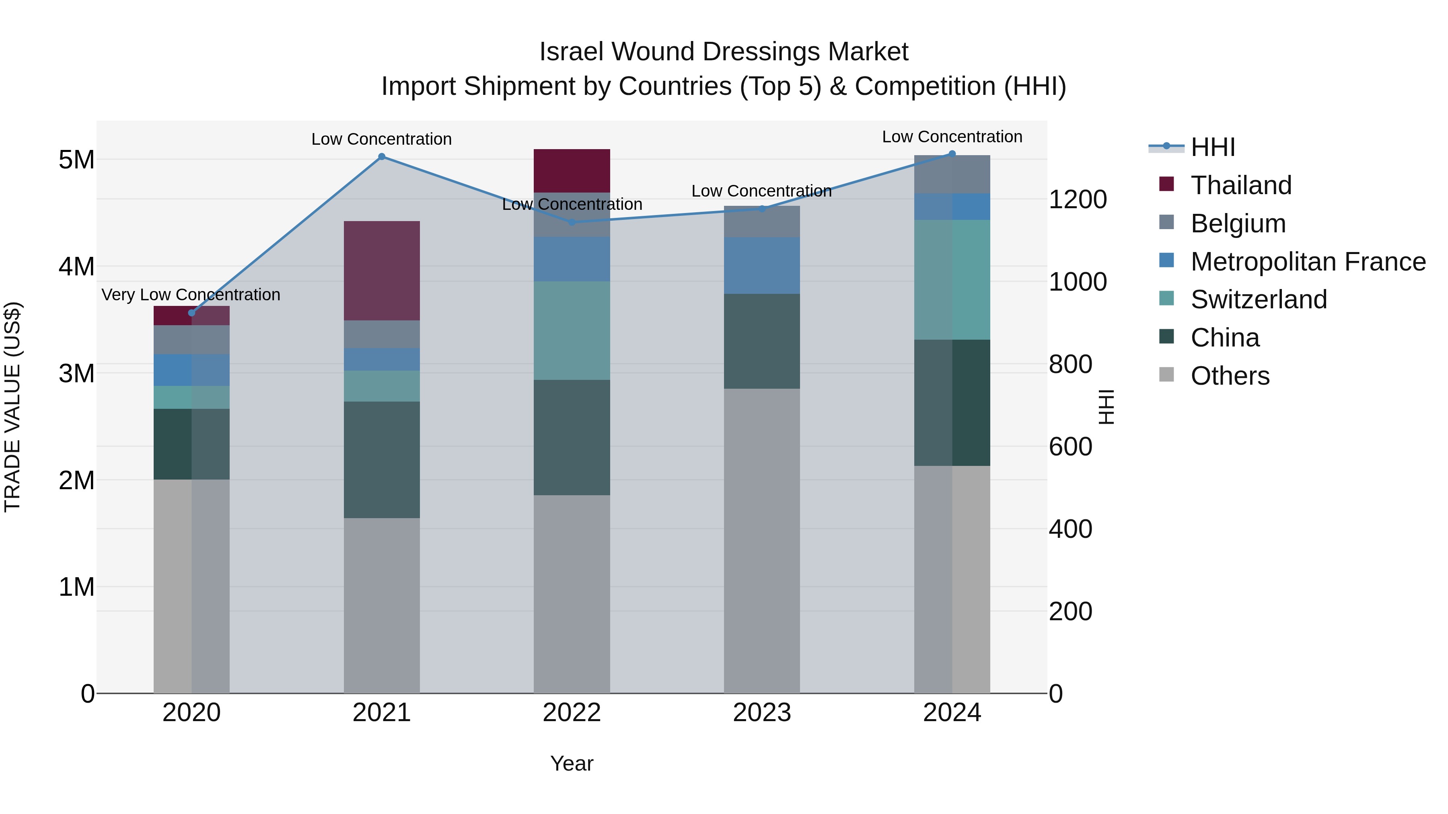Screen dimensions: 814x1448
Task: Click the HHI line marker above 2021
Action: [x=382, y=157]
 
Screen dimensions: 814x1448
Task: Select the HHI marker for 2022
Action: [x=572, y=222]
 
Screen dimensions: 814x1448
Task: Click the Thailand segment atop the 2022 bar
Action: [x=572, y=171]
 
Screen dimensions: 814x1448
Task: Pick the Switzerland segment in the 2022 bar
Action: [x=572, y=330]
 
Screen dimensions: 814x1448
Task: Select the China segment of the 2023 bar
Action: [x=762, y=341]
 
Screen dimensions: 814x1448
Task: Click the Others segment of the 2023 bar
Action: [x=762, y=540]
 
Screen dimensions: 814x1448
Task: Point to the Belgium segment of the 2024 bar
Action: [x=952, y=174]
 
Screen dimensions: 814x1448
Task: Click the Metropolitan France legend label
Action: [x=1308, y=262]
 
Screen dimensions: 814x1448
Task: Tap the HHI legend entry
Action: [x=1212, y=147]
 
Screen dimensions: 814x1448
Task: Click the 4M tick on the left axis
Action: [x=76, y=266]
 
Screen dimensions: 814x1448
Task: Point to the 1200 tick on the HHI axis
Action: [x=1077, y=199]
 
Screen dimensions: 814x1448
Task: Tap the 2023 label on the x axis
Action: [x=762, y=713]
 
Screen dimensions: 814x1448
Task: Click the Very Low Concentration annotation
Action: [x=191, y=294]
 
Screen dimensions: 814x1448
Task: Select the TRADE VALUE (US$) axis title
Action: [x=12, y=407]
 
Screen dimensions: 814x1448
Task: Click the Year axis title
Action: [x=572, y=763]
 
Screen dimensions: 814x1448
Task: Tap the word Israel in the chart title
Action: [x=572, y=52]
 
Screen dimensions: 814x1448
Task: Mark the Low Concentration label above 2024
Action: [x=952, y=137]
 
